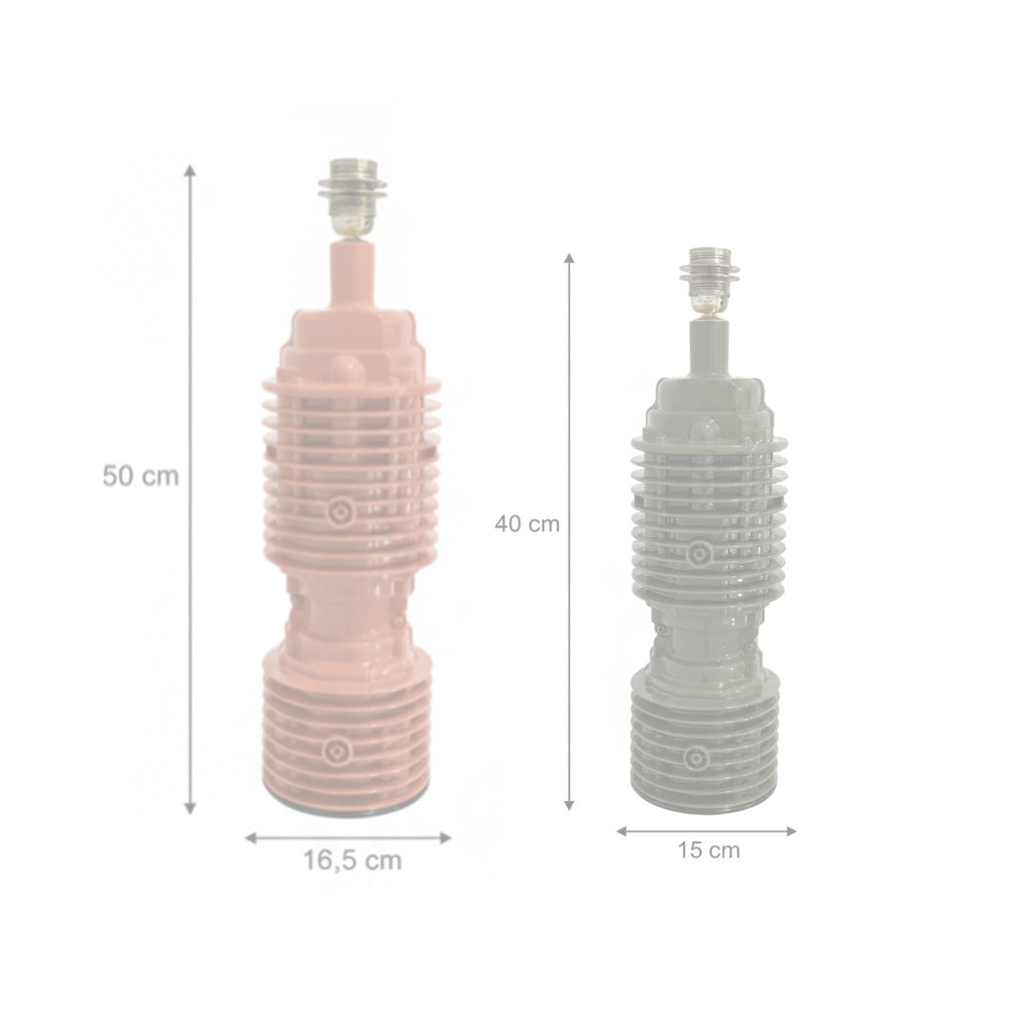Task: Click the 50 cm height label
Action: [x=141, y=476]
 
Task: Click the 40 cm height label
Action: [x=527, y=523]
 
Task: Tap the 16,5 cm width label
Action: [x=353, y=860]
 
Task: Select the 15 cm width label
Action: [x=709, y=849]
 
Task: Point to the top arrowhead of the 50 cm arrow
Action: [x=189, y=170]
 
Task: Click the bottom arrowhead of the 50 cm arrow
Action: [x=189, y=808]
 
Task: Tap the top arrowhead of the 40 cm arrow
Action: [x=569, y=259]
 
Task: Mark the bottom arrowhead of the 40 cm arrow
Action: [x=569, y=804]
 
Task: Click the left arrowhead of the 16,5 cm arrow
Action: [x=251, y=838]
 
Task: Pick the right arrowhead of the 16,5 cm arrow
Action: [x=445, y=838]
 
